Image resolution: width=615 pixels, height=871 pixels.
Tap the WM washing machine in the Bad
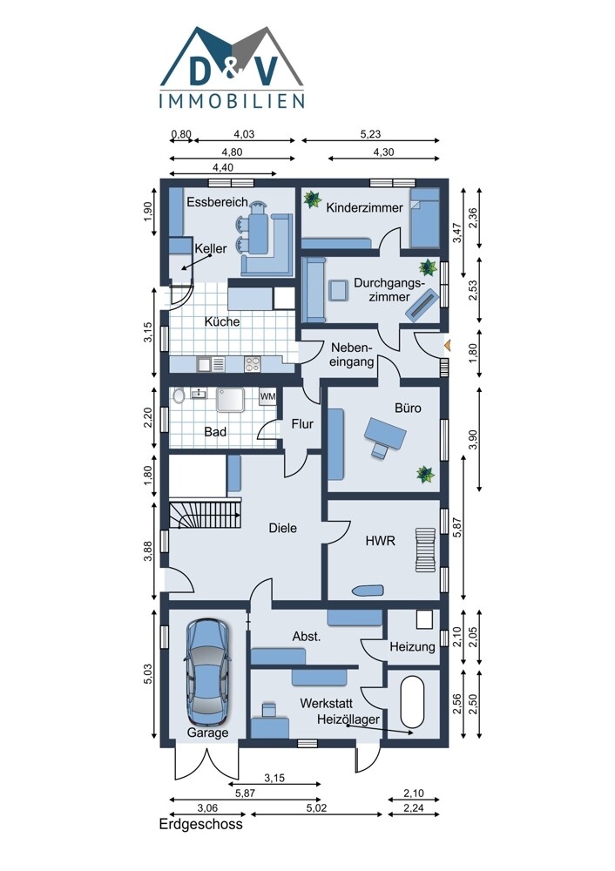point(267,396)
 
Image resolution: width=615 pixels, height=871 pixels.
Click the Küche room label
point(222,321)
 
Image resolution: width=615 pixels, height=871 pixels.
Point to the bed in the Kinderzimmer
point(424,218)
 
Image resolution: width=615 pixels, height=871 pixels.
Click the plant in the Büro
point(426,474)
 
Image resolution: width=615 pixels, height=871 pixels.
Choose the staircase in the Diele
point(205,515)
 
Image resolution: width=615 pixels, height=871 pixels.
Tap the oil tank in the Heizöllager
point(412,701)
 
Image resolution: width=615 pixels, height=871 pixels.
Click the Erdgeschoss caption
point(201,824)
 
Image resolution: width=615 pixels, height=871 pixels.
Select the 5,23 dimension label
point(370,134)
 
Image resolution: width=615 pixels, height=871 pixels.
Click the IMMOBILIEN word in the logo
point(232,100)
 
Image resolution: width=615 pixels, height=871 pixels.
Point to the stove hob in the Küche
point(253,364)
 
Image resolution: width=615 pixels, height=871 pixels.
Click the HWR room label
point(381,541)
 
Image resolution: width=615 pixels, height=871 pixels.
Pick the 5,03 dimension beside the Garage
point(148,674)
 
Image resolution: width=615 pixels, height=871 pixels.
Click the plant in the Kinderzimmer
point(312,199)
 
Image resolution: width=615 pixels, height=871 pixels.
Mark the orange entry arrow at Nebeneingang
point(447,346)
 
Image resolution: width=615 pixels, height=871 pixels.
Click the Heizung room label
point(412,646)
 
